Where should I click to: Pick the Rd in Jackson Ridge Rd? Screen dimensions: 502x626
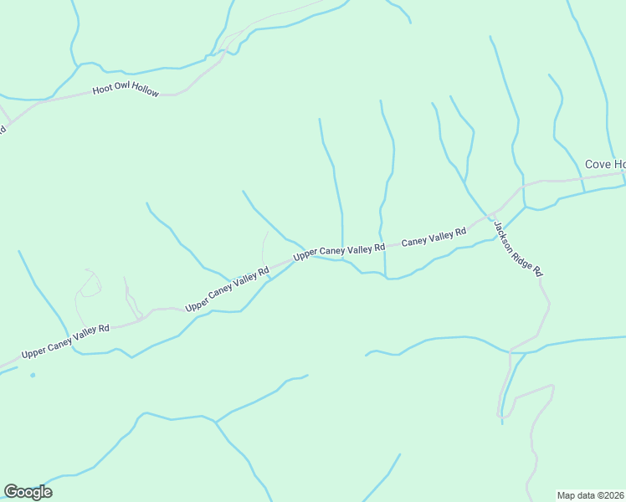tap(538, 272)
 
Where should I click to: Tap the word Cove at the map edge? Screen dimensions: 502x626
tap(598, 164)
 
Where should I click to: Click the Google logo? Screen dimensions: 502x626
tap(28, 492)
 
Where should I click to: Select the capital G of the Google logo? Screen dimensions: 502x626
tap(10, 492)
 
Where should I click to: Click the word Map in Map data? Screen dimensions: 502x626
tap(567, 495)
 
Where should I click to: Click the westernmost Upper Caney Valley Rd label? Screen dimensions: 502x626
tap(65, 341)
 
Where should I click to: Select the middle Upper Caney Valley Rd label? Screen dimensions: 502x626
tap(228, 289)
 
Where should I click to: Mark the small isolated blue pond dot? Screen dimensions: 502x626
tap(33, 375)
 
